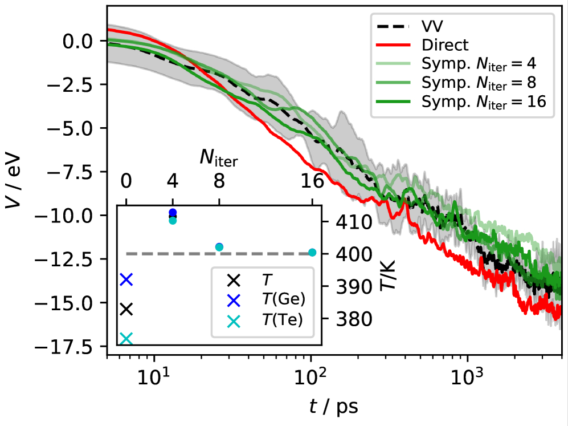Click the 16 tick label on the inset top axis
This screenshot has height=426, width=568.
click(312, 182)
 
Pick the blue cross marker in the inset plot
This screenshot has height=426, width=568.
click(126, 279)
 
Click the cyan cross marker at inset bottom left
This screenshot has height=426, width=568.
click(126, 339)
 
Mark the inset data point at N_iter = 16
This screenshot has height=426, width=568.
click(312, 252)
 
